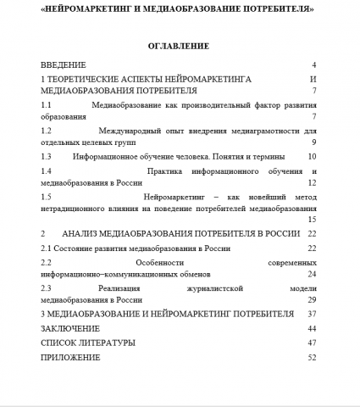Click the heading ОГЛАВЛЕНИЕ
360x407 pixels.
tap(178, 45)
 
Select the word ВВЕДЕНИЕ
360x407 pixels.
tap(64, 64)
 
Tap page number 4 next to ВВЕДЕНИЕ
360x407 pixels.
tap(313, 64)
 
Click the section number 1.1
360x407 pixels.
tap(47, 104)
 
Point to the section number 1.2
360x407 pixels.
tap(47, 131)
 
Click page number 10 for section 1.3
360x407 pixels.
tap(312, 156)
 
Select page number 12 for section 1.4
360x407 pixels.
tap(312, 182)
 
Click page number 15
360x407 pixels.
tap(312, 219)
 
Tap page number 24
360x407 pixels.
tap(312, 274)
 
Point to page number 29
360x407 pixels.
tap(312, 299)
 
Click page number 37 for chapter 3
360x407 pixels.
tap(312, 314)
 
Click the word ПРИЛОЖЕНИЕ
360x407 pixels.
tap(70, 357)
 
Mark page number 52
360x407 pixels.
tap(312, 357)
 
